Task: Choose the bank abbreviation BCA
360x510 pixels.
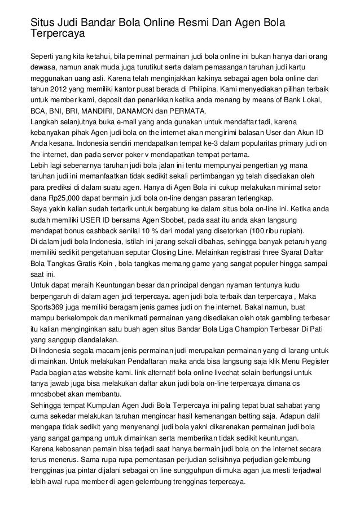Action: pos(39,110)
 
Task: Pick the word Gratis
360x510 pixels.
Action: pos(106,263)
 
